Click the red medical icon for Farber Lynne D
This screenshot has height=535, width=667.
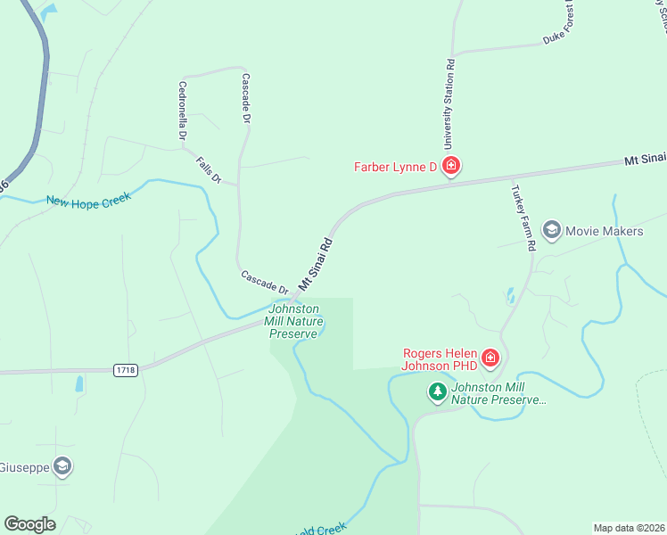pyautogui.click(x=451, y=166)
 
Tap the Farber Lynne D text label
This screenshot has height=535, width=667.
pyautogui.click(x=395, y=167)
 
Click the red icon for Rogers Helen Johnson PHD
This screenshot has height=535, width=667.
pyautogui.click(x=490, y=358)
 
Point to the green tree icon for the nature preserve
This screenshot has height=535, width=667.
pyautogui.click(x=437, y=391)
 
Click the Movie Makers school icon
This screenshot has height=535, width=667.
pyautogui.click(x=551, y=231)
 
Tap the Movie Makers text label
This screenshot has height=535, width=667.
pyautogui.click(x=604, y=232)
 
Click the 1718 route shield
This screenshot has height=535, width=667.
pyautogui.click(x=126, y=369)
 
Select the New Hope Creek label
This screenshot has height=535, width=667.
pyautogui.click(x=88, y=199)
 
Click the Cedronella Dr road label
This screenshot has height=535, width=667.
pyautogui.click(x=183, y=111)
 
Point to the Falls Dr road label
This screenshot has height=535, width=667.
pyautogui.click(x=209, y=169)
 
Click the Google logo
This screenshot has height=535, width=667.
pyautogui.click(x=29, y=524)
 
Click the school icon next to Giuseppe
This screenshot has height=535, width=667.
pyautogui.click(x=62, y=466)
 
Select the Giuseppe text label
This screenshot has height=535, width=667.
pyautogui.click(x=24, y=467)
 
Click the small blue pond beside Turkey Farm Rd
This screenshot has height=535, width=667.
pyautogui.click(x=509, y=294)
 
